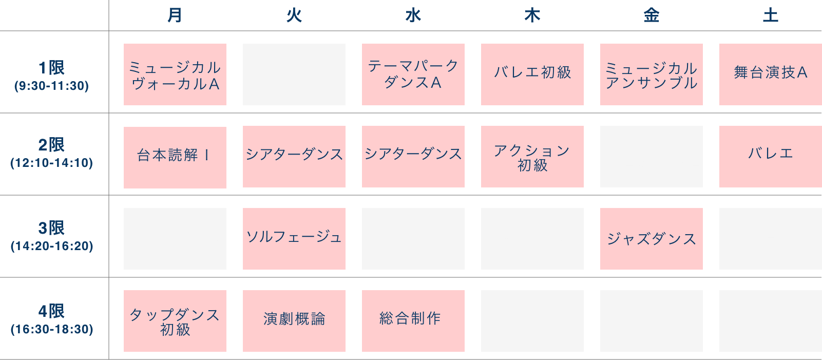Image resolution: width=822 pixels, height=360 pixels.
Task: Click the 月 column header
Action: pyautogui.click(x=175, y=15)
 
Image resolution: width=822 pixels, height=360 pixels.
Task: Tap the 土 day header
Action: pyautogui.click(x=770, y=15)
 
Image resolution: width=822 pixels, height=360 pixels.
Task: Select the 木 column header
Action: pyautogui.click(x=532, y=15)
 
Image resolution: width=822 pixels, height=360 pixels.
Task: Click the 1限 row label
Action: pyautogui.click(x=51, y=68)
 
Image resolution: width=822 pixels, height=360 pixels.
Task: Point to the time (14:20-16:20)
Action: pyautogui.click(x=52, y=246)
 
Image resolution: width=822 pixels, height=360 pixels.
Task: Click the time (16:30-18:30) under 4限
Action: pyautogui.click(x=52, y=329)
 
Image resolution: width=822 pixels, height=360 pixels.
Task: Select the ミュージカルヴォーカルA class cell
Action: pyautogui.click(x=175, y=74)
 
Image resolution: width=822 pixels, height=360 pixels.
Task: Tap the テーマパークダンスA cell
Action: pyautogui.click(x=413, y=74)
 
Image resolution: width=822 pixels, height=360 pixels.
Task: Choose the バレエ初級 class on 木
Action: pyautogui.click(x=532, y=74)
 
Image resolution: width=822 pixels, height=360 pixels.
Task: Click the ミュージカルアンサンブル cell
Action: pyautogui.click(x=652, y=74)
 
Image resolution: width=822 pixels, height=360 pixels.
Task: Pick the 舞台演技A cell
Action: pyautogui.click(x=771, y=74)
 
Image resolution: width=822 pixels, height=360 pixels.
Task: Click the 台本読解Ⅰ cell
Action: pyautogui.click(x=175, y=158)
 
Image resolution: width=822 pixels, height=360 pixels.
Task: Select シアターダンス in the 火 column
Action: pyautogui.click(x=294, y=157)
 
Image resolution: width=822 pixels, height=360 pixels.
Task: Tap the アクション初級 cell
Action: pyautogui.click(x=532, y=157)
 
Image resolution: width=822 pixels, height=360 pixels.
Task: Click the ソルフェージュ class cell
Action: pyautogui.click(x=294, y=239)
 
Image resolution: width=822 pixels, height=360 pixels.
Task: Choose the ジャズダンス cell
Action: pyautogui.click(x=652, y=239)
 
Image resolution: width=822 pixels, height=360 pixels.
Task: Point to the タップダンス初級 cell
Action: pyautogui.click(x=175, y=321)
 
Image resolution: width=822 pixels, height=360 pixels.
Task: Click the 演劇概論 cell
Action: pyautogui.click(x=294, y=321)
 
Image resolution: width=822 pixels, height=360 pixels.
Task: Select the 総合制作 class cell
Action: pyautogui.click(x=413, y=321)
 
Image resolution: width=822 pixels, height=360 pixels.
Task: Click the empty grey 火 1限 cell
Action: pyautogui.click(x=294, y=74)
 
